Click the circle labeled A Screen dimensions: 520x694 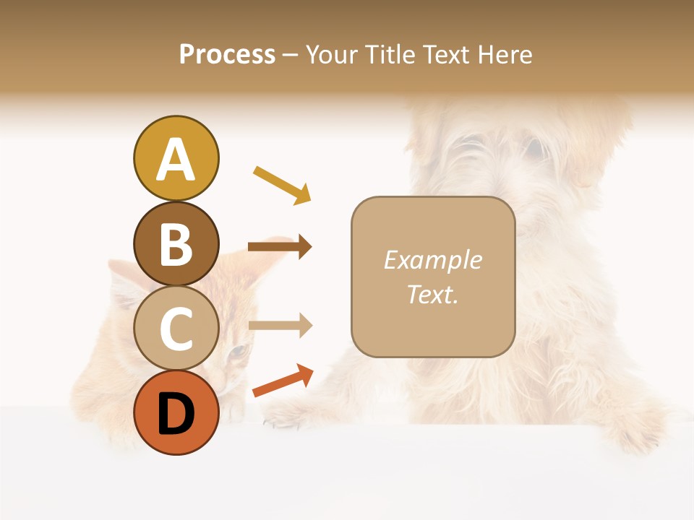(x=176, y=158)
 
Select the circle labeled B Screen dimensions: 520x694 (x=176, y=243)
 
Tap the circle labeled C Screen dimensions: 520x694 (x=176, y=328)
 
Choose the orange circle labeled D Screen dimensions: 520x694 (x=176, y=412)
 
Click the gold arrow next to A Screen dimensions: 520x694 (x=283, y=185)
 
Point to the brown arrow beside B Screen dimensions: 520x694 (x=280, y=247)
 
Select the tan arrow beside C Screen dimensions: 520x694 (x=280, y=325)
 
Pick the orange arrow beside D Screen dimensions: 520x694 (x=283, y=381)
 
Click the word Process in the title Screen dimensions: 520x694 (x=227, y=55)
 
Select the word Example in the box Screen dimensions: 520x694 (x=432, y=260)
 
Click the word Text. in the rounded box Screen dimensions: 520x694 (x=432, y=294)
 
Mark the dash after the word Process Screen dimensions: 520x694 (x=291, y=55)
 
